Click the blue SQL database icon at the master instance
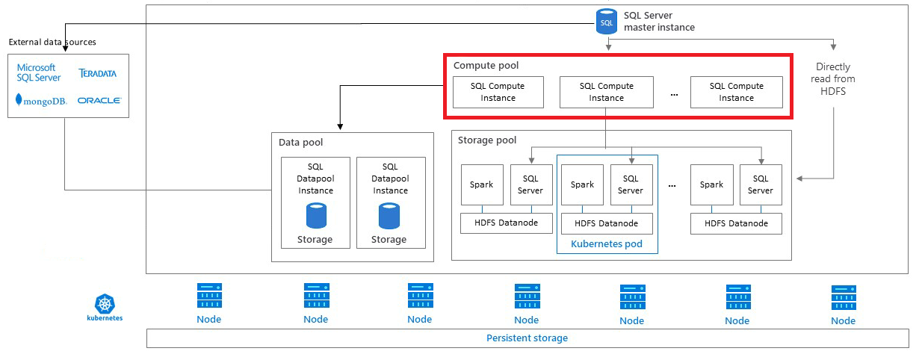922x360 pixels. pos(607,22)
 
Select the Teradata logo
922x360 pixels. pos(98,73)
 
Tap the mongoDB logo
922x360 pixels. pos(41,99)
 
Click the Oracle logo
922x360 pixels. pos(99,100)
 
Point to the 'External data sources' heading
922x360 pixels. pos(52,42)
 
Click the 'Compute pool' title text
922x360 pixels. pos(486,66)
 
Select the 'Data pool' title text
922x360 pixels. pos(301,142)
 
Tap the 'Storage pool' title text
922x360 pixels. pos(487,140)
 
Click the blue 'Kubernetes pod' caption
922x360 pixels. pos(606,243)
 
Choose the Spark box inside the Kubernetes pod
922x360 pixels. pos(582,184)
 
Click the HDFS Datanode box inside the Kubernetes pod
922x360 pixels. pos(606,223)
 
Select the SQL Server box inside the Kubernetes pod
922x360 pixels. pos(631,184)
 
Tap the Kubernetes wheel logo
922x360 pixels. pos(105,303)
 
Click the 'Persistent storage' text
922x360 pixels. pos(527,338)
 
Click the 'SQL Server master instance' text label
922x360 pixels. pos(659,22)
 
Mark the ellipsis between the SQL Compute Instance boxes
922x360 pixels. pos(675,94)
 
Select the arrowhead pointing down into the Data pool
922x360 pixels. pos(341,128)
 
